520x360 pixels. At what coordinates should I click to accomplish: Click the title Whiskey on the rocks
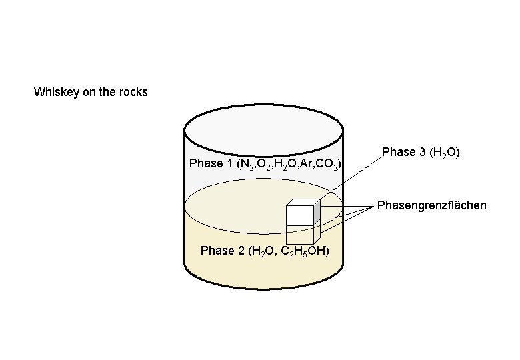click(x=91, y=92)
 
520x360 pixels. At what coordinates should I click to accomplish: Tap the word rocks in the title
click(x=133, y=92)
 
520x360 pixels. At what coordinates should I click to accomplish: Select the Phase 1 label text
click(x=265, y=164)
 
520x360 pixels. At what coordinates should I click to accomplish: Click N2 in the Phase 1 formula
click(x=247, y=164)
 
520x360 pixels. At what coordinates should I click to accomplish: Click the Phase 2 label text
click(x=265, y=251)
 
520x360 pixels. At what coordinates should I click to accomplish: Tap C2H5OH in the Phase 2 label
click(x=303, y=251)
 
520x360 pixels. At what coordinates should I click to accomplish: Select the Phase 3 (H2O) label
click(x=421, y=153)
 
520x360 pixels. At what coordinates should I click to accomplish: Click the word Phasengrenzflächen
click(x=432, y=205)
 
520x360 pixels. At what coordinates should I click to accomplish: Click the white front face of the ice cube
click(x=300, y=215)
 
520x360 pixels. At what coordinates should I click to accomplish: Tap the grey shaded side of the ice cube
click(x=317, y=212)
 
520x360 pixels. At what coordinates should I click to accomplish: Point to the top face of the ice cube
click(x=303, y=203)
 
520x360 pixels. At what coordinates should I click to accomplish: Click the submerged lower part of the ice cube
click(x=300, y=235)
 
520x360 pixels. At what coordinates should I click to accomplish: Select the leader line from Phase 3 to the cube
click(x=349, y=179)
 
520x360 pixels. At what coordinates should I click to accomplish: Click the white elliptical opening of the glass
click(x=263, y=130)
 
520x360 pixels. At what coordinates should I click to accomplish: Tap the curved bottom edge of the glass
click(x=263, y=283)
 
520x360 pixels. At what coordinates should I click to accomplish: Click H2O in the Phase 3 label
click(x=445, y=153)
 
